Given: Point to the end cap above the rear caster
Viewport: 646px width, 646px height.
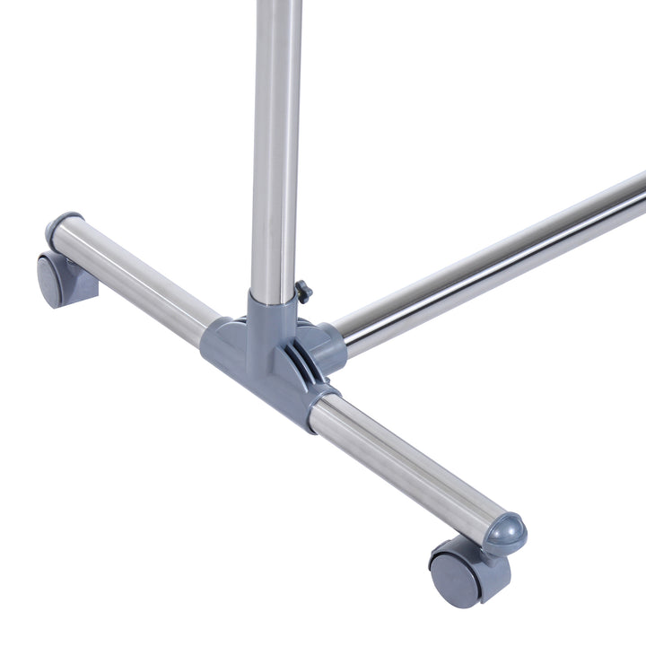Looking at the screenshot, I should (64, 224).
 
